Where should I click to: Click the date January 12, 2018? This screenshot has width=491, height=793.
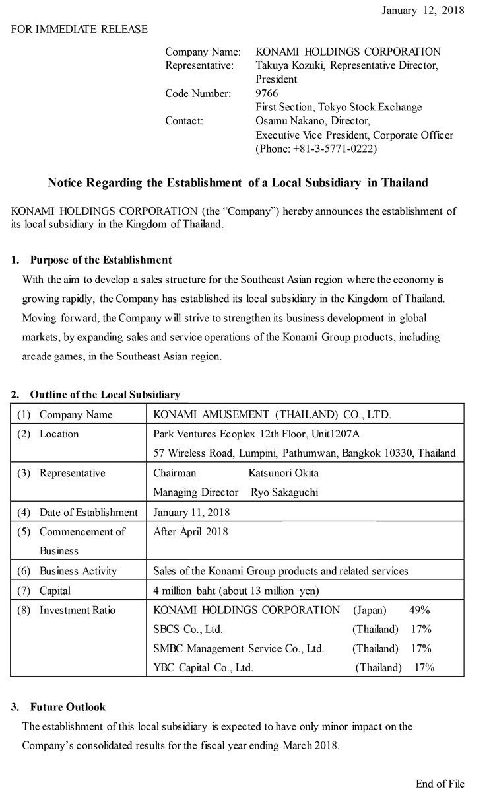(423, 10)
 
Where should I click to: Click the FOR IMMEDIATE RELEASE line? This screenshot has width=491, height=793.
(79, 29)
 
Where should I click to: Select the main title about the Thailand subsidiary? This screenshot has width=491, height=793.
(238, 182)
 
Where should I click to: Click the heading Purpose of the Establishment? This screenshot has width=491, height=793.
(100, 260)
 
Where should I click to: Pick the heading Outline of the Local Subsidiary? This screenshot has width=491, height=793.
(104, 395)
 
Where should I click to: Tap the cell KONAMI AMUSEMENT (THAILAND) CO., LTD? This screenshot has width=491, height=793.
(272, 415)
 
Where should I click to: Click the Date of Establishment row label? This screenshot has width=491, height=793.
(88, 512)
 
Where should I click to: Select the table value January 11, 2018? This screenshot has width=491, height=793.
(191, 512)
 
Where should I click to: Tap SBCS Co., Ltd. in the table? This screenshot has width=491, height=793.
(188, 629)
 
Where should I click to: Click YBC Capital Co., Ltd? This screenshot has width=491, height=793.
(203, 667)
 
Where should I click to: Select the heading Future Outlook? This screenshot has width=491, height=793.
(67, 707)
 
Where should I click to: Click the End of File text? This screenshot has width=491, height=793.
(440, 784)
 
